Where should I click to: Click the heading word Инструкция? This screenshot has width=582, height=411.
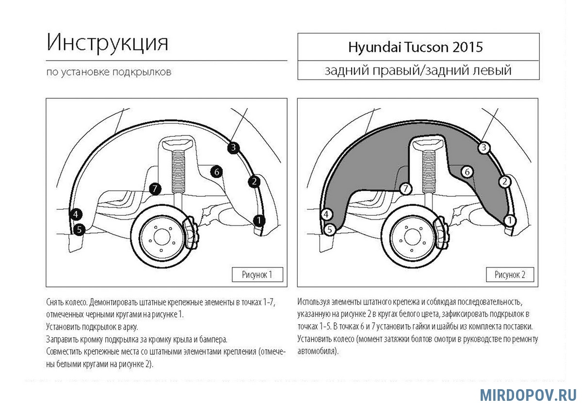pos(108,43)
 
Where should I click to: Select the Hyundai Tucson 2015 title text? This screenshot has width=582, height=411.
pos(415,47)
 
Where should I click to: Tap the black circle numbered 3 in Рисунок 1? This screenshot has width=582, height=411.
pos(233,147)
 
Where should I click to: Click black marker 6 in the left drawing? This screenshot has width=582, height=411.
pos(216,172)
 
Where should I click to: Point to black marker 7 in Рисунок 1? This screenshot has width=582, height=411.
pos(155,189)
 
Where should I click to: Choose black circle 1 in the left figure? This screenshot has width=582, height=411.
pos(259,221)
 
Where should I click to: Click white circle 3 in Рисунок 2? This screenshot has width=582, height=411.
pos(483,147)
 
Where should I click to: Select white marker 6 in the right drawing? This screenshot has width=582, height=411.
pos(467,172)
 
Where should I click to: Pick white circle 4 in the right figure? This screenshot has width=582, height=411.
pos(327,214)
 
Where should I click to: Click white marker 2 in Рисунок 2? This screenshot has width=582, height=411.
pos(505,182)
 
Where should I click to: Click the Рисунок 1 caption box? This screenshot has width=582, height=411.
pos(257,274)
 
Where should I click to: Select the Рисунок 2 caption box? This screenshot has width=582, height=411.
pos(510,274)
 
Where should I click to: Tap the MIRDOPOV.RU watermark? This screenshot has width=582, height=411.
pos(529,395)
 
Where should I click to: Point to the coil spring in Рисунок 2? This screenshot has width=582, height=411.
pos(430,173)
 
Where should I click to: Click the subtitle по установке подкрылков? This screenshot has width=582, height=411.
pos(109,72)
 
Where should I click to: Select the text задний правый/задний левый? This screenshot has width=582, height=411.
pos(418,71)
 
